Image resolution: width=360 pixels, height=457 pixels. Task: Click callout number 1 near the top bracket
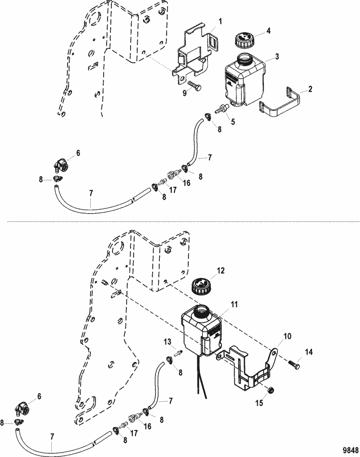coord(220,22)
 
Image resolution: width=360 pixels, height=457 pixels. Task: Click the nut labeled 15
coord(270,388)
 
